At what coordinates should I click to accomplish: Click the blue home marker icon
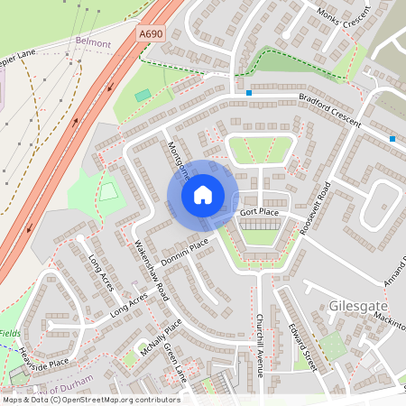coord(203,195)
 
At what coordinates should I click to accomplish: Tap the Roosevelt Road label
coord(317,209)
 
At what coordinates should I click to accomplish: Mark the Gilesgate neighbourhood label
coord(357,305)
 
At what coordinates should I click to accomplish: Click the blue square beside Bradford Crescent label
coord(248,92)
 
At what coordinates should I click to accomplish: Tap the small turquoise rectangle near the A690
coord(143,95)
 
